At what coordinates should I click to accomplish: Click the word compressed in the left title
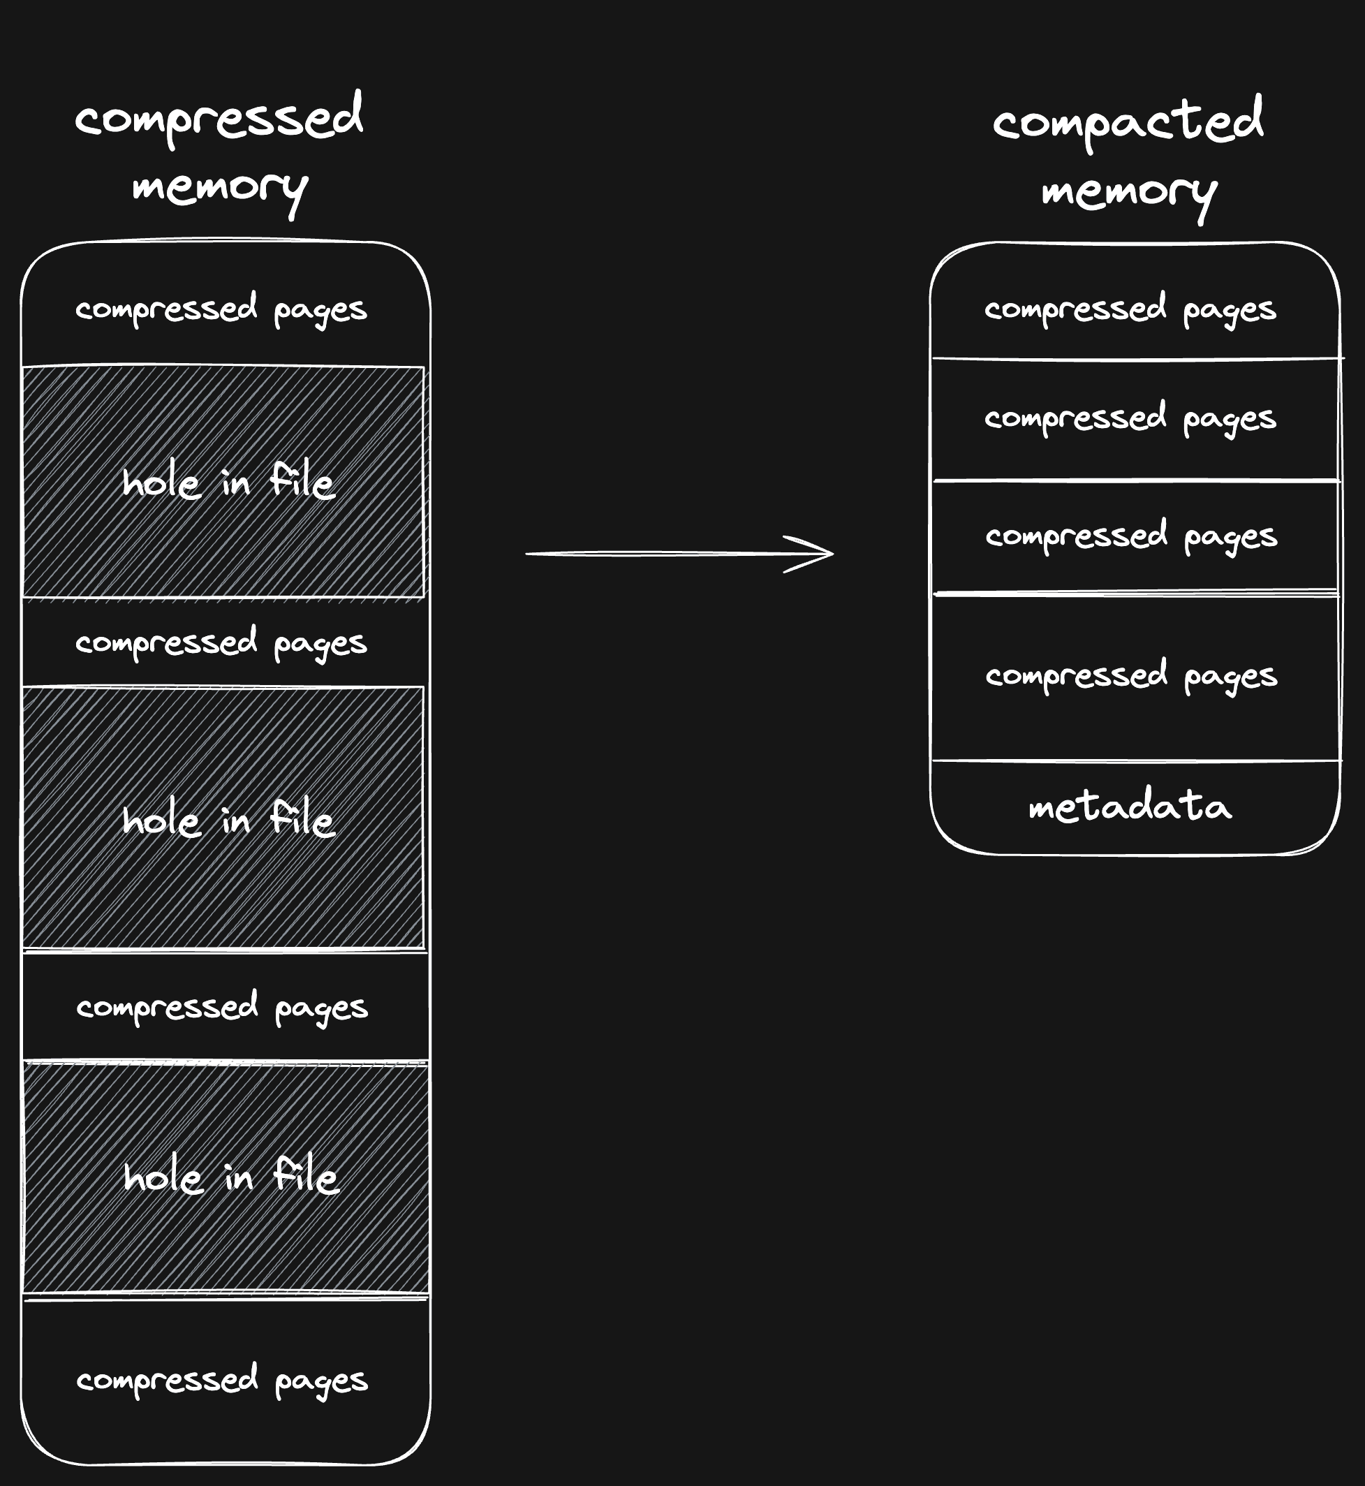tap(219, 118)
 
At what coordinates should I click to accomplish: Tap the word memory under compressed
tap(219, 188)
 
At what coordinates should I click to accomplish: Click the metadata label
tap(1130, 806)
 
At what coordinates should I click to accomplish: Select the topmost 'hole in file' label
tap(228, 482)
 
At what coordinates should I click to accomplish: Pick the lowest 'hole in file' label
tap(231, 1175)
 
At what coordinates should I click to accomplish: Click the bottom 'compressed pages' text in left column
tap(221, 1380)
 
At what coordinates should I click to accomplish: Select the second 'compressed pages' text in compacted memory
tap(1130, 418)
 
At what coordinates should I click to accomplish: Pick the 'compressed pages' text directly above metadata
tap(1131, 675)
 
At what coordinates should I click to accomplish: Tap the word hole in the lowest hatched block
tap(163, 1176)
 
